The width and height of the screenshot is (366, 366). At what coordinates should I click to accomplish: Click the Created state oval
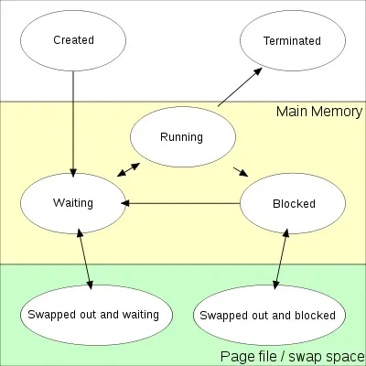(73, 40)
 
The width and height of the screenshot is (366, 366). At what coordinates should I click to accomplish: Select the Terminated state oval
(292, 40)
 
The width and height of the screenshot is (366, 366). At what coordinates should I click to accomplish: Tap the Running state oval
(181, 138)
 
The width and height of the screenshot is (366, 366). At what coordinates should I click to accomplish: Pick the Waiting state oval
(73, 203)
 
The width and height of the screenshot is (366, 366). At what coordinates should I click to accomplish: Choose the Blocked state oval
(293, 203)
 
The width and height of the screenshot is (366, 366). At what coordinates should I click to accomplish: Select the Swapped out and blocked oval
(265, 315)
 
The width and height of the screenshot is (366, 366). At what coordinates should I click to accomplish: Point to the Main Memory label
(319, 113)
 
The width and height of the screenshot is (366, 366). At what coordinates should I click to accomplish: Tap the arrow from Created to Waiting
(73, 119)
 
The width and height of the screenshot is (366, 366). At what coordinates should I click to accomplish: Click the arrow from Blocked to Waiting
(183, 203)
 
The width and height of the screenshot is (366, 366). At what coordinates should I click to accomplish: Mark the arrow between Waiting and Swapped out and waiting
(86, 260)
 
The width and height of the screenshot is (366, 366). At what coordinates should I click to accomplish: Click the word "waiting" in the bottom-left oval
(136, 315)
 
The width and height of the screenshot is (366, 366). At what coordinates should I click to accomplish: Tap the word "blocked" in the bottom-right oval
(313, 315)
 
